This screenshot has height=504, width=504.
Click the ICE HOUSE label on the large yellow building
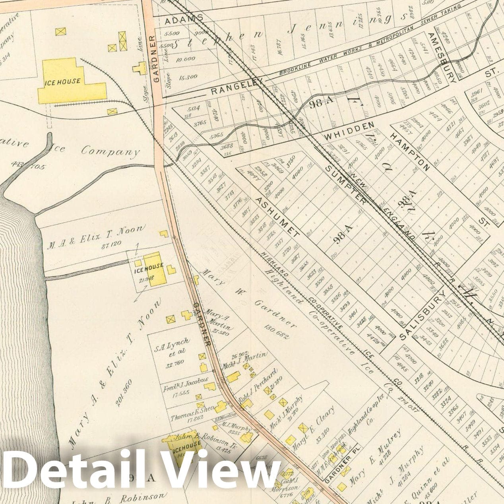coord(62,82)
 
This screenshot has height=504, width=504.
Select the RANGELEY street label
coord(237,87)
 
